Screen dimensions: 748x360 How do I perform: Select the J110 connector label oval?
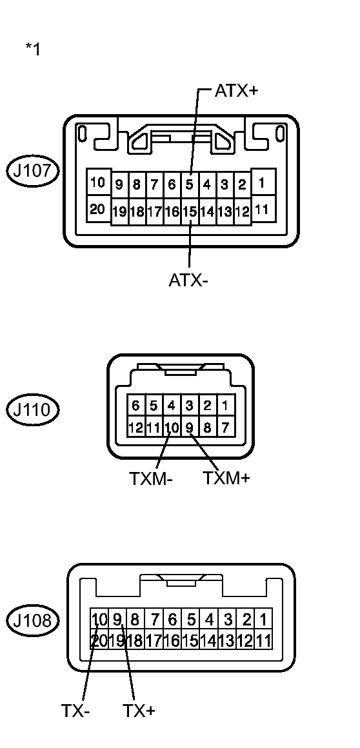pyautogui.click(x=33, y=409)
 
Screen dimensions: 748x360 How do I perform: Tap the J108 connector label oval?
pyautogui.click(x=33, y=621)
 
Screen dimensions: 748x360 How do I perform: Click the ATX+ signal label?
pyautogui.click(x=236, y=90)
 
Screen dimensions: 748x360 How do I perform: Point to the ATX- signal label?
pyautogui.click(x=188, y=280)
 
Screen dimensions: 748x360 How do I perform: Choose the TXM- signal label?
pyautogui.click(x=151, y=479)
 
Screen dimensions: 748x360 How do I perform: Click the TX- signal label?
pyautogui.click(x=75, y=711)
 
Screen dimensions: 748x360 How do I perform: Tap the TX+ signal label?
pyautogui.click(x=139, y=711)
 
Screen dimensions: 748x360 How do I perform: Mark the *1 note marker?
pyautogui.click(x=33, y=49)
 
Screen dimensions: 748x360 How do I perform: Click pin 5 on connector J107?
pyautogui.click(x=190, y=185)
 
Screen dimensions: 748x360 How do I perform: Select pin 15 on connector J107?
pyautogui.click(x=190, y=211)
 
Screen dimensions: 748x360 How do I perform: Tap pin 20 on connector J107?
pyautogui.click(x=97, y=208)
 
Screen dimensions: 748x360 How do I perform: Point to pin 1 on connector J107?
pyautogui.click(x=262, y=183)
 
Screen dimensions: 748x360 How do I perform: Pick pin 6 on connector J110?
pyautogui.click(x=135, y=406)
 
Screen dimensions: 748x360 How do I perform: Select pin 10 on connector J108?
pyautogui.click(x=99, y=620)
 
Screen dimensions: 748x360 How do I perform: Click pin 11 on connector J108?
pyautogui.click(x=263, y=641)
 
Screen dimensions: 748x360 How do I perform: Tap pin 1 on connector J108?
pyautogui.click(x=263, y=620)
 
